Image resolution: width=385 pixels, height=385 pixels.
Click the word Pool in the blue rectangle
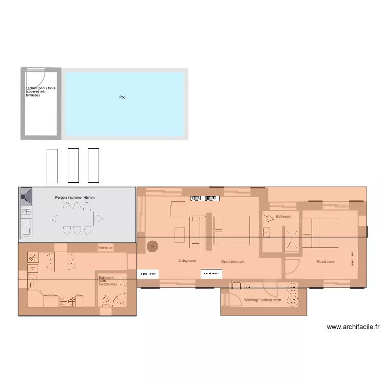pyautogui.click(x=123, y=97)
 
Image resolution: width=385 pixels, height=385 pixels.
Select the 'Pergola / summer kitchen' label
pyautogui.click(x=75, y=198)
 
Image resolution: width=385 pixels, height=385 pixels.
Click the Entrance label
pyautogui.click(x=105, y=248)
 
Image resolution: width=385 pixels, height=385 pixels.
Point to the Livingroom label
pyautogui.click(x=187, y=261)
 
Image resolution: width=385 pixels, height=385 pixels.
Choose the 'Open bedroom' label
pyautogui.click(x=233, y=262)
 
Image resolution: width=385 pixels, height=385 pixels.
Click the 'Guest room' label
pyautogui.click(x=326, y=262)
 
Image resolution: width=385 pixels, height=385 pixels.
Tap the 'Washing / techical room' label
pyautogui.click(x=262, y=300)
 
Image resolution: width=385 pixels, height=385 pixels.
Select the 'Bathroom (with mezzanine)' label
pyautogui.click(x=108, y=281)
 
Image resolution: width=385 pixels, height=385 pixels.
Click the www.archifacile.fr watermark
pyautogui.click(x=353, y=327)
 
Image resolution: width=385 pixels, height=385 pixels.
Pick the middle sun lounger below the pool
pyautogui.click(x=73, y=165)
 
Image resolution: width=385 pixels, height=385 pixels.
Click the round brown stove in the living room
pyautogui.click(x=152, y=246)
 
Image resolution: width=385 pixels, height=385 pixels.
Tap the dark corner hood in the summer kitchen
pyautogui.click(x=26, y=195)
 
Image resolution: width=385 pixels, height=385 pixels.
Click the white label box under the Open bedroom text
pyautogui.click(x=211, y=274)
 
